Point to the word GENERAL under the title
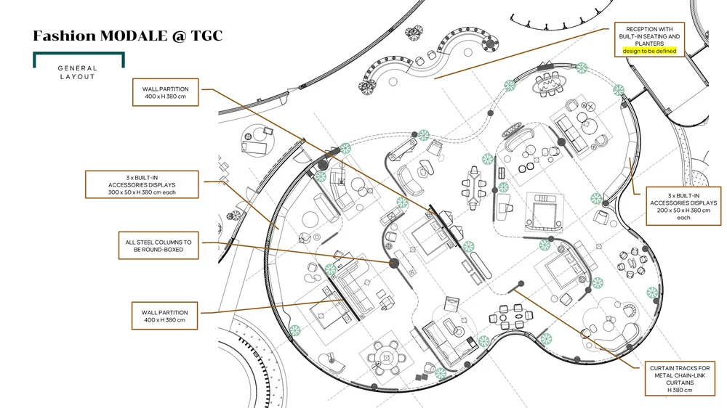[x=78, y=68]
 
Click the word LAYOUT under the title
[x=78, y=76]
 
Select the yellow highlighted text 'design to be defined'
[x=649, y=51]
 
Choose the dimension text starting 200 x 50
[x=683, y=210]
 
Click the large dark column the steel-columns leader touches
[x=394, y=263]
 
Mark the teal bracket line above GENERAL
[x=79, y=54]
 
